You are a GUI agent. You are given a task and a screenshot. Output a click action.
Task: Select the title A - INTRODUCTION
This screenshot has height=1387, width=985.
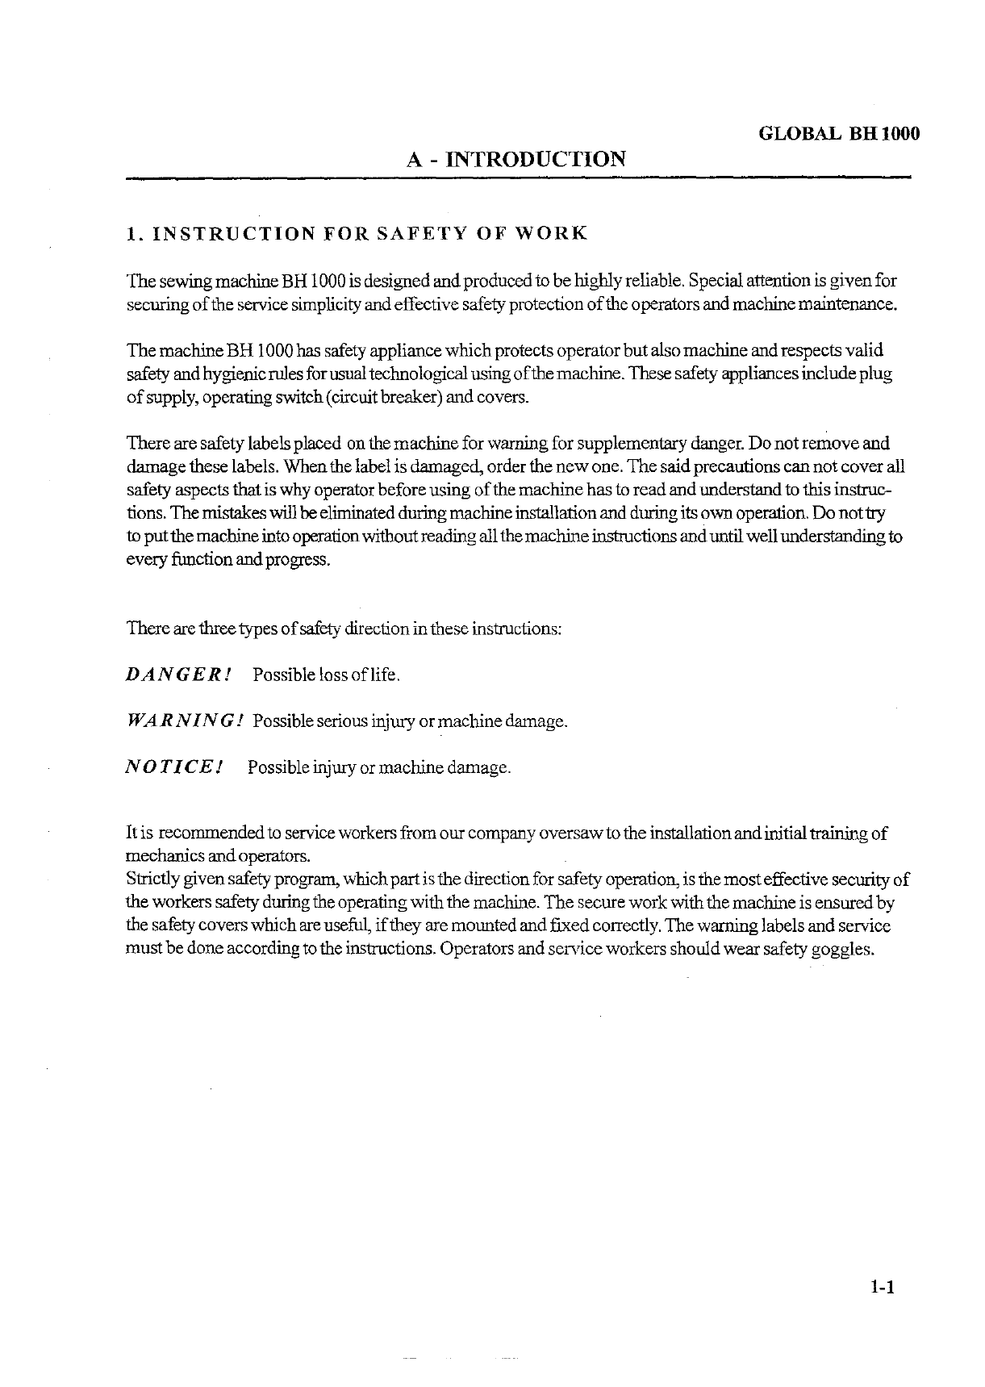516,158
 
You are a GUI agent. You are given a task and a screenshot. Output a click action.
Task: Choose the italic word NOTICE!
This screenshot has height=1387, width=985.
173,767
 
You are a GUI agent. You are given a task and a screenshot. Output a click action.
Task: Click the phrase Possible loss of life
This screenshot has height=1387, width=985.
326,675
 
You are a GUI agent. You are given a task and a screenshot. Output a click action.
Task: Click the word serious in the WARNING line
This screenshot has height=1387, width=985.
337,721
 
